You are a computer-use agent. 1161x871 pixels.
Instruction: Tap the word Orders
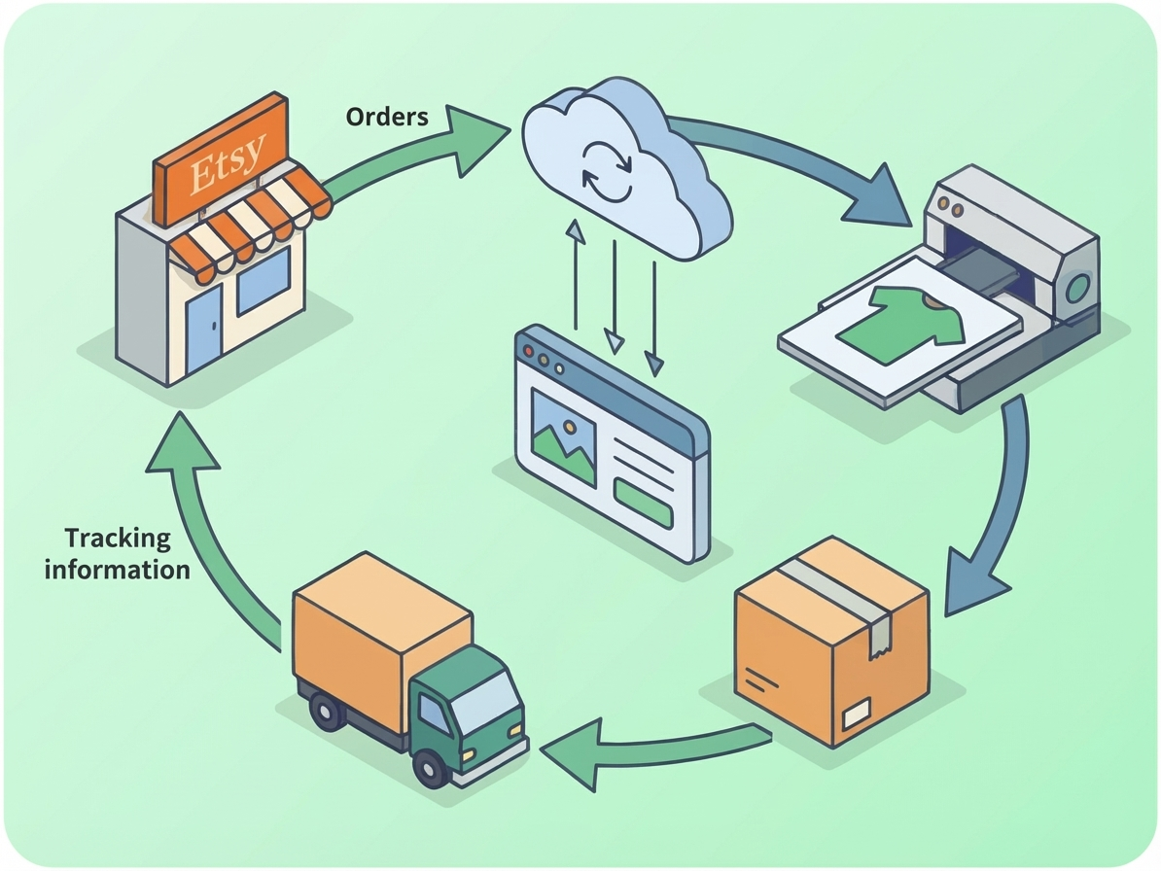click(x=387, y=117)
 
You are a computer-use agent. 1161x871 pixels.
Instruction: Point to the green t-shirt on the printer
click(x=899, y=322)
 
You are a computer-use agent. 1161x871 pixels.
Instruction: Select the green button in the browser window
click(x=643, y=503)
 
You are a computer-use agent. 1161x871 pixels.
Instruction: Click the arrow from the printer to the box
click(x=1002, y=505)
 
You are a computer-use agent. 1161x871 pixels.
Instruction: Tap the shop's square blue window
click(x=263, y=281)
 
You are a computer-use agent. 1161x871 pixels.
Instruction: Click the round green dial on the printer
click(x=1078, y=287)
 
